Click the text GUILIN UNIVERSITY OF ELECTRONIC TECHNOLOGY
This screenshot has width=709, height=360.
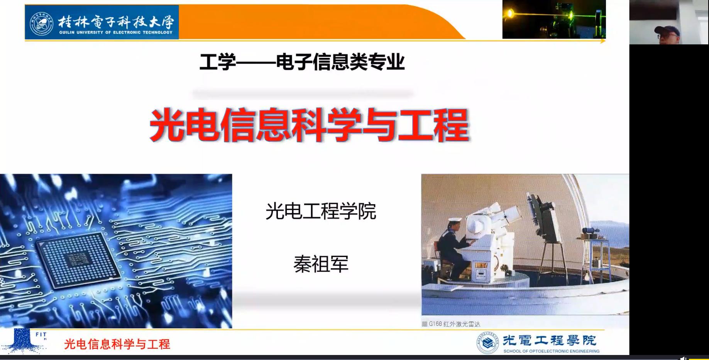(x=116, y=32)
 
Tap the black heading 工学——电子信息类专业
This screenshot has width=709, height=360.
(x=302, y=62)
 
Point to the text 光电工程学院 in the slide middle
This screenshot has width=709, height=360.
(x=321, y=211)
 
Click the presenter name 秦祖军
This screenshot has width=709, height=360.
(x=321, y=264)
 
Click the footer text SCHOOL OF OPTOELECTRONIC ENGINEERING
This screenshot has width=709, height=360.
(x=551, y=351)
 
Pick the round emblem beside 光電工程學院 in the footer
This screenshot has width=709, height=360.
(x=487, y=343)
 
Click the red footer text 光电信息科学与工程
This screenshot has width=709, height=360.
(x=117, y=344)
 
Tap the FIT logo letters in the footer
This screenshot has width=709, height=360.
(x=41, y=335)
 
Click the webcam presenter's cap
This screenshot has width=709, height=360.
(x=667, y=30)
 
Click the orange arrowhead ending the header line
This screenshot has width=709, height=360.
(x=603, y=41)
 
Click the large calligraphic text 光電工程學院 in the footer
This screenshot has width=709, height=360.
(x=550, y=340)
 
